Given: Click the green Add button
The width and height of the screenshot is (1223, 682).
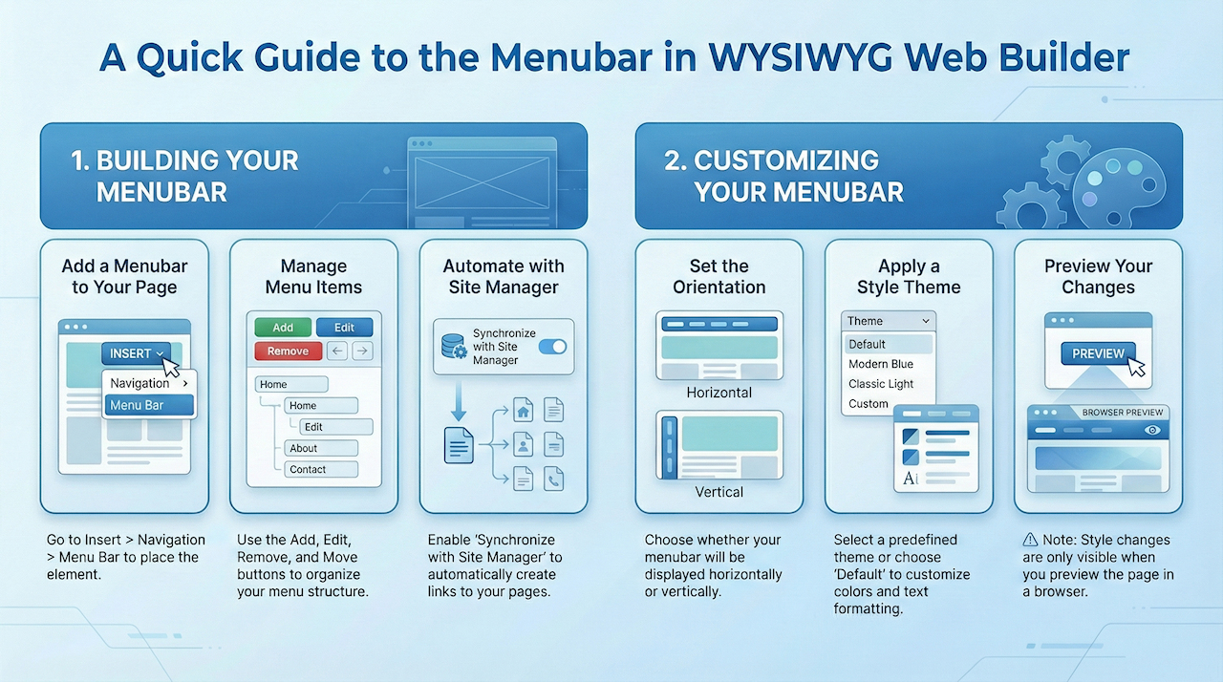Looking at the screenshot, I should tap(283, 327).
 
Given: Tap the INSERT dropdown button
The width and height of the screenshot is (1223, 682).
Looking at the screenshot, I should tap(136, 353).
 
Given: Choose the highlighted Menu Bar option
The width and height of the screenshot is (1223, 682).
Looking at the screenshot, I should tap(148, 405).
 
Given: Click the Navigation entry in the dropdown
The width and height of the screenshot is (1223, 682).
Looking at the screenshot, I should tap(148, 383).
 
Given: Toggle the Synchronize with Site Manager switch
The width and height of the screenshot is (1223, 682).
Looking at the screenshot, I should tap(552, 347).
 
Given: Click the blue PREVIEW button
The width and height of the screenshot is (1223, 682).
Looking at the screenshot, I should tap(1098, 353).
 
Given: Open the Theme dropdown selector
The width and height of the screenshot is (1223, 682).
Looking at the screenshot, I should tap(888, 321).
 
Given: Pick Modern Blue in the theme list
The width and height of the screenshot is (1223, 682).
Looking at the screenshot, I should tap(880, 364).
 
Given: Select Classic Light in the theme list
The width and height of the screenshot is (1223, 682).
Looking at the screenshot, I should tap(880, 384).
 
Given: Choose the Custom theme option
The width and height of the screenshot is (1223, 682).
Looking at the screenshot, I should tap(868, 404).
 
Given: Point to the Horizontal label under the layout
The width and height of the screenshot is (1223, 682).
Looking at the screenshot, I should tap(719, 393).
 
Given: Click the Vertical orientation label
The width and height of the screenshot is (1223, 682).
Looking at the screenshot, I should tap(719, 492).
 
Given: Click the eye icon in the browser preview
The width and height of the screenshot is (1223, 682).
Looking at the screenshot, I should tap(1152, 431).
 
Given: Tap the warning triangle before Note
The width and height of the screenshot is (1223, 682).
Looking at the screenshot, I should tap(1030, 540).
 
